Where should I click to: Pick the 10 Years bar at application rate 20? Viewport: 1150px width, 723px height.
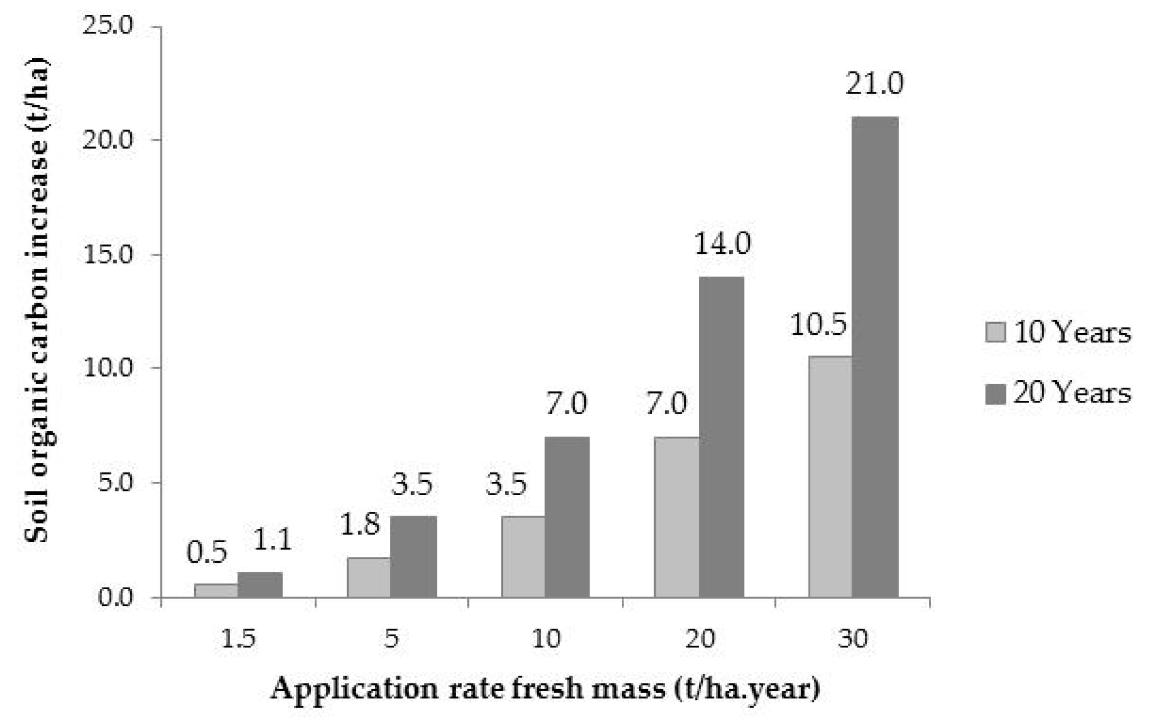[676, 517]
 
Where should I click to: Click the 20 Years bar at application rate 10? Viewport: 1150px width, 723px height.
[567, 517]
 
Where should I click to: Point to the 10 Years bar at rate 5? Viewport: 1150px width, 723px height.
[368, 577]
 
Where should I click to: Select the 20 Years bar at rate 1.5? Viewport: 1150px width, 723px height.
[259, 584]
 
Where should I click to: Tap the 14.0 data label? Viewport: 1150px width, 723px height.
[722, 244]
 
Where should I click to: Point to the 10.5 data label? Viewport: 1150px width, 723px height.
[819, 325]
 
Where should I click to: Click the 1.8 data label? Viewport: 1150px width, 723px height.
[360, 525]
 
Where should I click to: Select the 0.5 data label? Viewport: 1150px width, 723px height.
[206, 552]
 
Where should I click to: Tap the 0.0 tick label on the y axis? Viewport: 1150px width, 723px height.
[114, 598]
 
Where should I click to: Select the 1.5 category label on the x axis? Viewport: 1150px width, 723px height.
[238, 638]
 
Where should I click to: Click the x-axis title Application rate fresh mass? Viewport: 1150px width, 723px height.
[545, 690]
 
